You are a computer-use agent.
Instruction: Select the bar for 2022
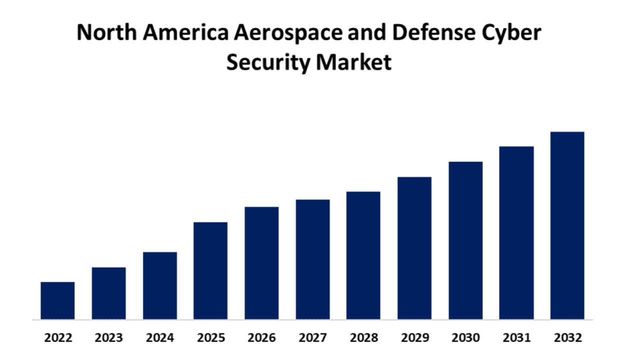pos(57,300)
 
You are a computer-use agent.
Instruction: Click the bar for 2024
pos(159,285)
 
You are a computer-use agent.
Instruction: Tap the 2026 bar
pos(261,263)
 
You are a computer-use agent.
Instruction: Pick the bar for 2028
pos(363,255)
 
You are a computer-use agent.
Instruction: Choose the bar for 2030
pos(465,240)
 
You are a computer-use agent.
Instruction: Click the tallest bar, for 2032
pos(567,225)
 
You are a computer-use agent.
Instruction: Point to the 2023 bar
pos(108,293)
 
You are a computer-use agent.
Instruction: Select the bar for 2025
pos(210,270)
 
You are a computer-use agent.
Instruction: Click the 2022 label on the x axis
pos(58,338)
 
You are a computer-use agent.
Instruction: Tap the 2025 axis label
pos(211,338)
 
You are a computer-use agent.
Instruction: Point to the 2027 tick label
pos(313,338)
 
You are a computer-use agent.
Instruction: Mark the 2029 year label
pos(415,338)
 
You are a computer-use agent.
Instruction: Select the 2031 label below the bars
pos(517,338)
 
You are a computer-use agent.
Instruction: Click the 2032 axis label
pos(568,338)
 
